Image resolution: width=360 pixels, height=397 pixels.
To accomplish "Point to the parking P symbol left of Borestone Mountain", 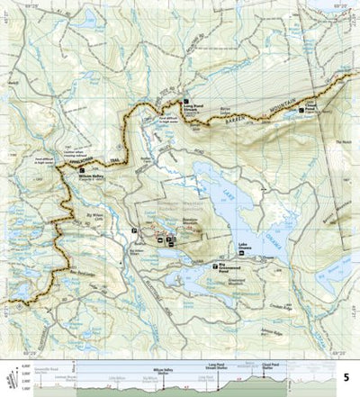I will click(x=134, y=230).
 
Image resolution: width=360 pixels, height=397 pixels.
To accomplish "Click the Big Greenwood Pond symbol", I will click(x=214, y=267).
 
